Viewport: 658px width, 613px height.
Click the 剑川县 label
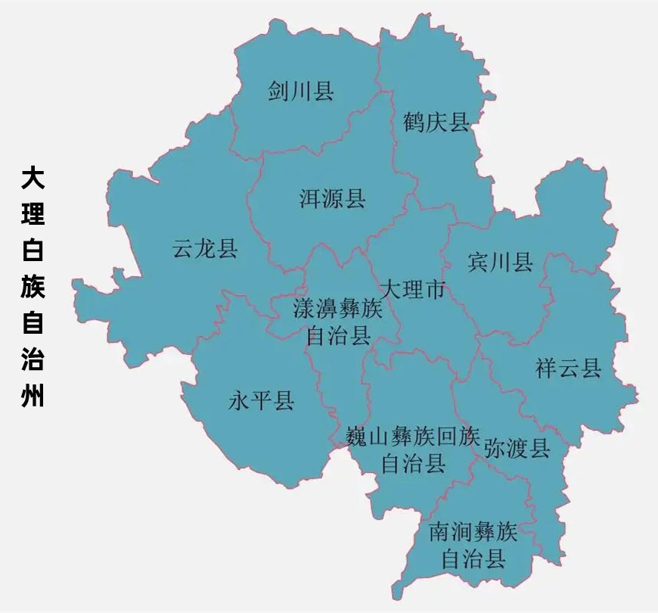pyautogui.click(x=301, y=92)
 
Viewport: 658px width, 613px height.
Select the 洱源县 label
pyautogui.click(x=333, y=199)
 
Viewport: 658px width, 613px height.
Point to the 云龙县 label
pyautogui.click(x=205, y=248)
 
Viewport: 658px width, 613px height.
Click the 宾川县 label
pyautogui.click(x=500, y=263)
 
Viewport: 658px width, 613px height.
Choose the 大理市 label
pyautogui.click(x=412, y=289)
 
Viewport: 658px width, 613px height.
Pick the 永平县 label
pyautogui.click(x=261, y=401)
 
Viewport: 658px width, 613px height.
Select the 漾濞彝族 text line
pyautogui.click(x=338, y=309)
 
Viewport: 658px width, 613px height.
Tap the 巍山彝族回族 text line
pyautogui.click(x=412, y=436)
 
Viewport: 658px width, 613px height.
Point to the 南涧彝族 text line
pyautogui.click(x=473, y=532)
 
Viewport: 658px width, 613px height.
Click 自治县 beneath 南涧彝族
pyautogui.click(x=473, y=560)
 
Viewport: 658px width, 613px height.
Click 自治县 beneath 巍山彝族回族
pyautogui.click(x=413, y=463)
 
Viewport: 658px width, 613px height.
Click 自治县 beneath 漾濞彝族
pyautogui.click(x=338, y=336)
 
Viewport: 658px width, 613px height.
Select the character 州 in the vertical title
pyautogui.click(x=33, y=396)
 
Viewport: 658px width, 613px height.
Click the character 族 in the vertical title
pyautogui.click(x=33, y=288)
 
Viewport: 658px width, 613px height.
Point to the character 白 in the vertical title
pyautogui.click(x=33, y=251)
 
